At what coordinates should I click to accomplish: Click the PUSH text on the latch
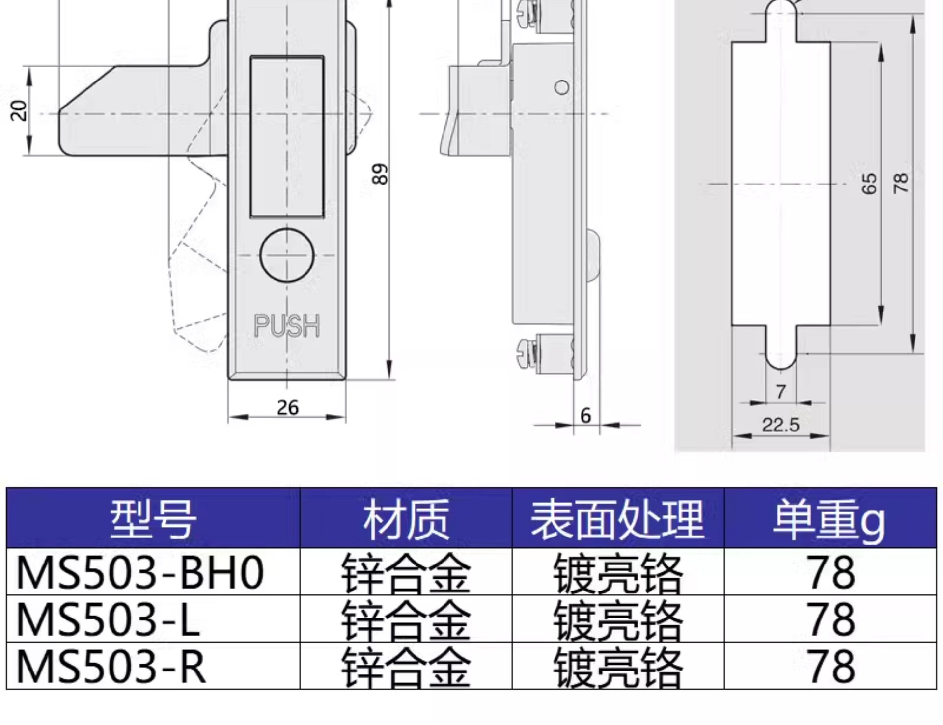click(x=287, y=325)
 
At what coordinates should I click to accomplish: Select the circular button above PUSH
click(x=287, y=255)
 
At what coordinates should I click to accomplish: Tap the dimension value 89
click(x=380, y=174)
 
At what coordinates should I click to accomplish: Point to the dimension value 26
click(x=287, y=407)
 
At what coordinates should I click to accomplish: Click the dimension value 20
click(x=19, y=110)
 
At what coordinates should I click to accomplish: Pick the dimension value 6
click(x=585, y=416)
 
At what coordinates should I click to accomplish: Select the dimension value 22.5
click(x=780, y=425)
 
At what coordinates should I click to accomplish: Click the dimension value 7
click(x=781, y=392)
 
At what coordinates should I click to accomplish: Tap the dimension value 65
click(x=869, y=184)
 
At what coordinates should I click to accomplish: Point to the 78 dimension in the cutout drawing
click(x=901, y=183)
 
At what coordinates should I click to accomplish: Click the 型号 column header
click(x=153, y=518)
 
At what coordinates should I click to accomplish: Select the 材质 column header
click(x=406, y=518)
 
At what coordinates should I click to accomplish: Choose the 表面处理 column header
click(x=618, y=518)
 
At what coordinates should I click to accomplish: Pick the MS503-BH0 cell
click(x=140, y=572)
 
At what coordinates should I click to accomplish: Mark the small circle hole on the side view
click(x=562, y=88)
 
